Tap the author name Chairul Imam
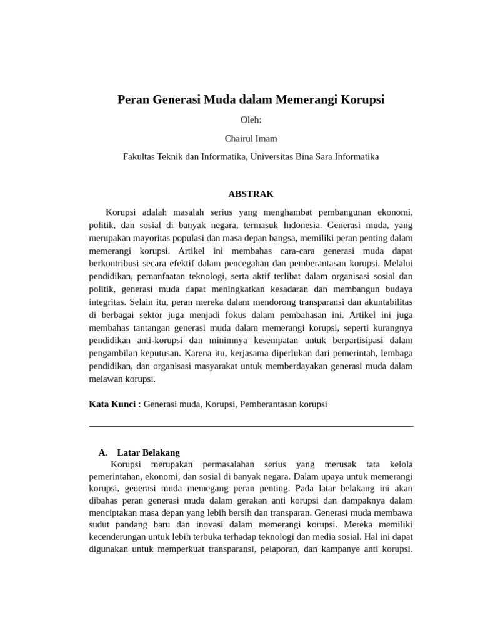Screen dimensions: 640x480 [251, 138]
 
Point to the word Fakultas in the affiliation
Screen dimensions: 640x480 [141, 157]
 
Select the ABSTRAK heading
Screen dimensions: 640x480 [251, 194]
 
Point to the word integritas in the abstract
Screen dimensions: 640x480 [108, 302]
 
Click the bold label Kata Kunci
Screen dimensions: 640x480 [115, 404]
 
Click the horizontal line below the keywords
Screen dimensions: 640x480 [251, 426]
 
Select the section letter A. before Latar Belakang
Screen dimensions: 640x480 [103, 452]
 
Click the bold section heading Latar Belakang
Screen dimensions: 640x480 [148, 452]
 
